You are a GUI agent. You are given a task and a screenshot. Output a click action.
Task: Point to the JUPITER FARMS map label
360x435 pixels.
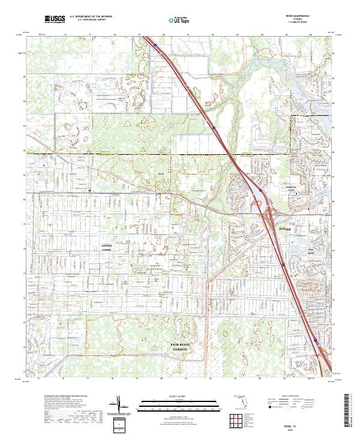tap(107, 247)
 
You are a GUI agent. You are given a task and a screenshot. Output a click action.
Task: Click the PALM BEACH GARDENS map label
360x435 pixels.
tap(180, 347)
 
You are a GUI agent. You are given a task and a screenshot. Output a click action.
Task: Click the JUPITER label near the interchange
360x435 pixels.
tap(284, 229)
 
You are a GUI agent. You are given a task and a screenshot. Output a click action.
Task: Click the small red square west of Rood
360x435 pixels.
tap(89, 191)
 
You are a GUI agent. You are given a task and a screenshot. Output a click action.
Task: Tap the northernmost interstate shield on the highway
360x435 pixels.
tap(155, 44)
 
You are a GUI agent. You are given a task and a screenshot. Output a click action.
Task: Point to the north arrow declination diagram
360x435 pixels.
tap(122, 406)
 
